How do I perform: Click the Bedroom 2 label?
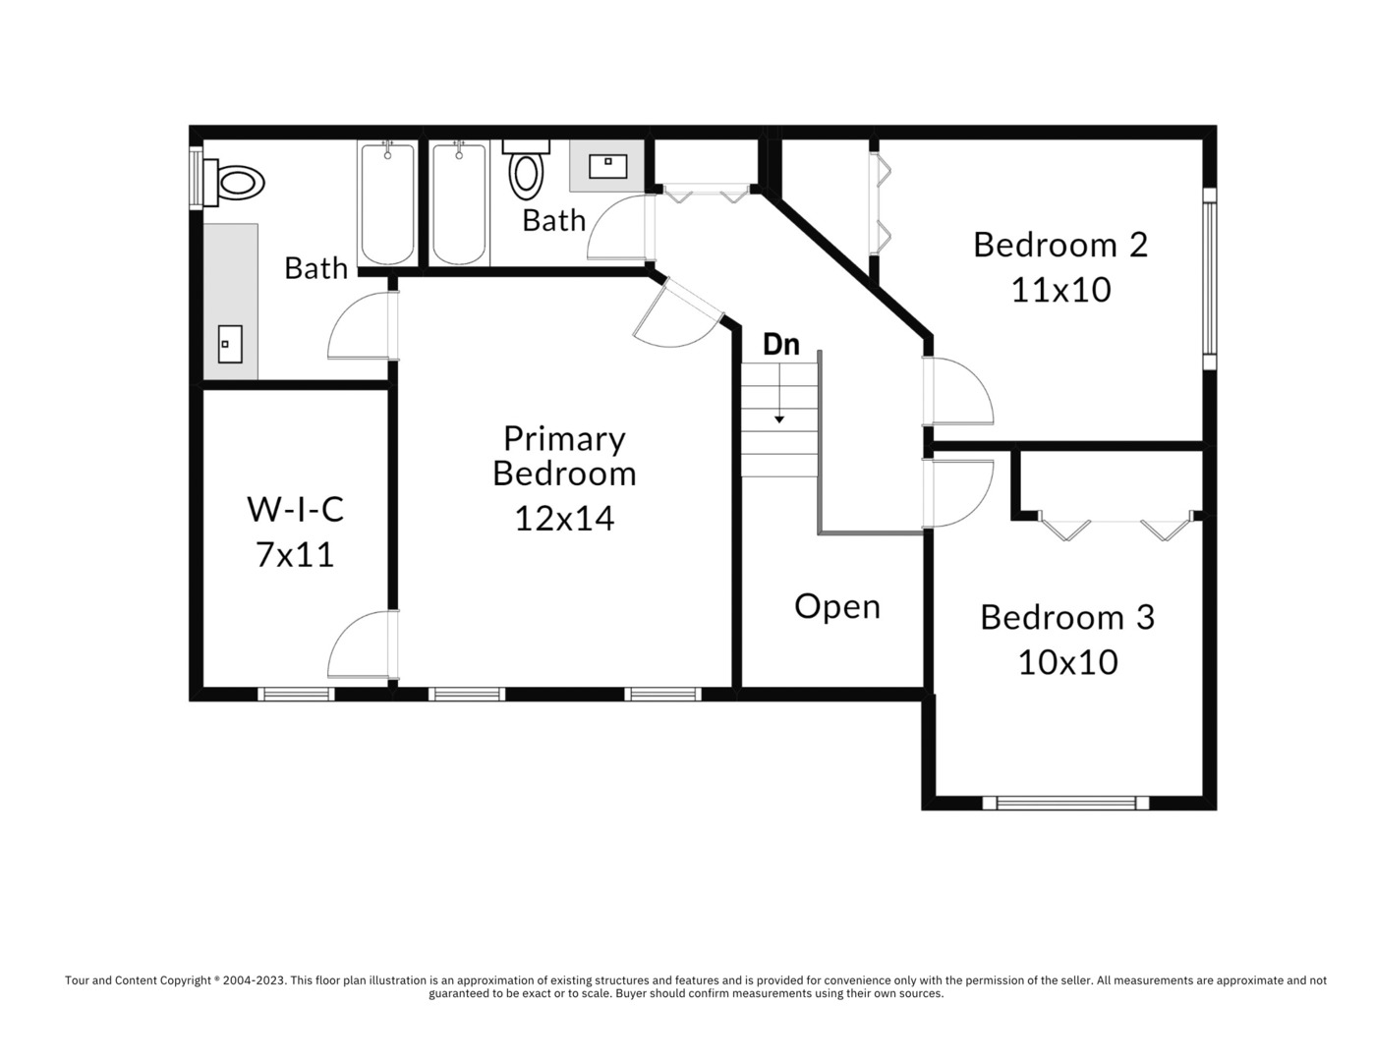tap(1059, 245)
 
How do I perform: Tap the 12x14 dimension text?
tap(564, 518)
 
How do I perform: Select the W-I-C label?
tap(295, 509)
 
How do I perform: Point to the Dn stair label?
tap(781, 345)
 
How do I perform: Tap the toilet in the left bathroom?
tap(236, 183)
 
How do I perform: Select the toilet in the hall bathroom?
tap(527, 171)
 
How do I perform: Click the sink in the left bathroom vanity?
tap(230, 344)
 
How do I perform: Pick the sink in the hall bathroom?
tap(607, 165)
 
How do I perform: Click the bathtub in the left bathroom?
tap(386, 203)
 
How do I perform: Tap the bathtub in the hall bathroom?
tap(459, 203)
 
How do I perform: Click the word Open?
tap(836, 606)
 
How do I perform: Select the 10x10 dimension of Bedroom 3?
tap(1067, 662)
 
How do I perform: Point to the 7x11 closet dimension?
tap(295, 555)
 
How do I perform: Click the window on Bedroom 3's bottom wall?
tap(1065, 803)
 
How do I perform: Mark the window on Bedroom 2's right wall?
tap(1209, 277)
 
